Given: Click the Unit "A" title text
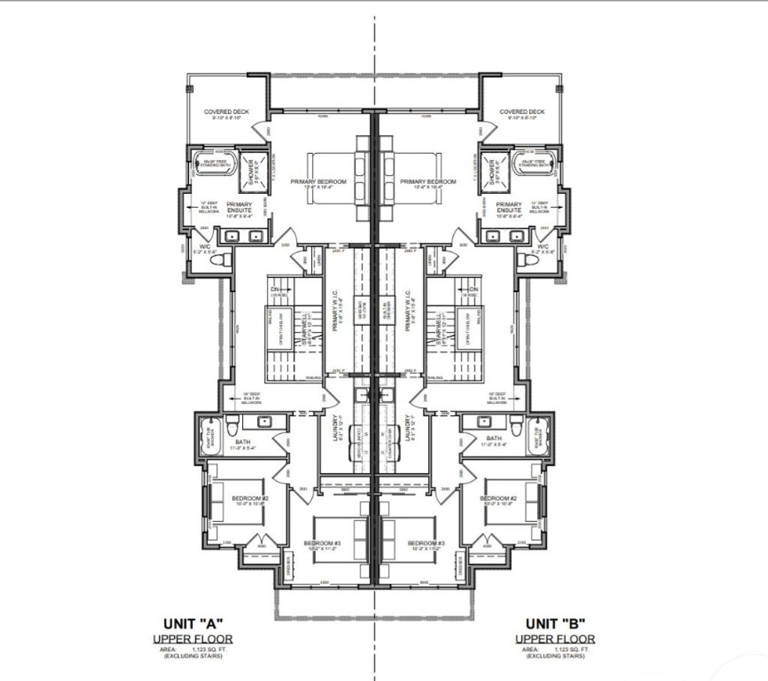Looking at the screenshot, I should [193, 622].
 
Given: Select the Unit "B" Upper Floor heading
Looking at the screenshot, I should [555, 639].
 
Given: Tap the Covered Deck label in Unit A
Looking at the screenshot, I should [226, 113].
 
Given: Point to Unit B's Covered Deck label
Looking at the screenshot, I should [523, 113].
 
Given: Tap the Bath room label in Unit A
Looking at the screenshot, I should [243, 441].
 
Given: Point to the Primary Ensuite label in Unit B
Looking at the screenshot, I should [508, 208].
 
